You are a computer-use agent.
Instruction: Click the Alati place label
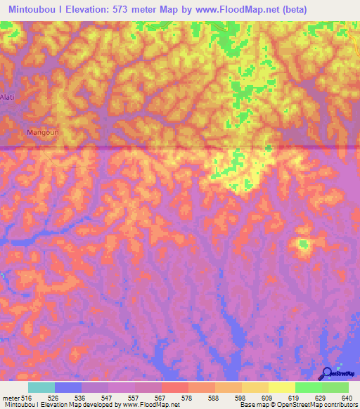(x=7, y=96)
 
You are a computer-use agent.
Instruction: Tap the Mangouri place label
(x=41, y=131)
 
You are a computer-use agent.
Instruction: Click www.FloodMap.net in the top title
(x=240, y=9)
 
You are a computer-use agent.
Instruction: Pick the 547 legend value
(x=108, y=397)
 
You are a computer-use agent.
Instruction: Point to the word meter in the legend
(x=10, y=397)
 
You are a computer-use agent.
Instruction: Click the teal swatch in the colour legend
(x=41, y=387)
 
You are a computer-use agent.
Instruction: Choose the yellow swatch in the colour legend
(x=281, y=387)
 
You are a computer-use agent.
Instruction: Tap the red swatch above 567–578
(x=174, y=387)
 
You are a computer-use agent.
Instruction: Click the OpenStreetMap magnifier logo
(x=327, y=373)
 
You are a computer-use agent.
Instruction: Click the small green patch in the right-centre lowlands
(x=304, y=244)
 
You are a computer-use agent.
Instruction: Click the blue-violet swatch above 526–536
(x=67, y=387)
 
